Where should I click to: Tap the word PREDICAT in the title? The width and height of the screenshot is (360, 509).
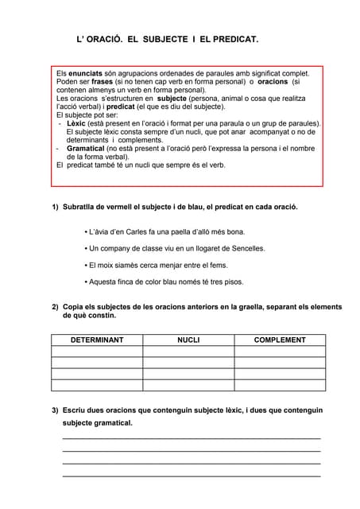[x=237, y=38]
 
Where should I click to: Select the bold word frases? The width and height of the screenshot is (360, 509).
[x=102, y=81]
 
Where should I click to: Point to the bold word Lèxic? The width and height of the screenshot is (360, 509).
[x=77, y=123]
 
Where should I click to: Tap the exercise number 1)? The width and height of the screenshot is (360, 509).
[x=56, y=207]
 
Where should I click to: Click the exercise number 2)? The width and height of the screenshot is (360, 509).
[x=56, y=307]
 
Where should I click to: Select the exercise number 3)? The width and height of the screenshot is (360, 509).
[x=56, y=410]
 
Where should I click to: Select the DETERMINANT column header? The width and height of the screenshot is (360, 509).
[x=97, y=340]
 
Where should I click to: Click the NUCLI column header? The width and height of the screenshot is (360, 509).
[x=188, y=340]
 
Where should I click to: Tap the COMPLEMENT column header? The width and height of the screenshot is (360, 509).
[x=280, y=340]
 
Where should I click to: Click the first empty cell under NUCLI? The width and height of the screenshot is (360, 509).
[x=188, y=352]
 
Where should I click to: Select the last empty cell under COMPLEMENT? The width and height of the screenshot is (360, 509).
[x=280, y=385]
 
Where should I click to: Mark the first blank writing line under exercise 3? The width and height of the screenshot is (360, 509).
[x=191, y=437]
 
